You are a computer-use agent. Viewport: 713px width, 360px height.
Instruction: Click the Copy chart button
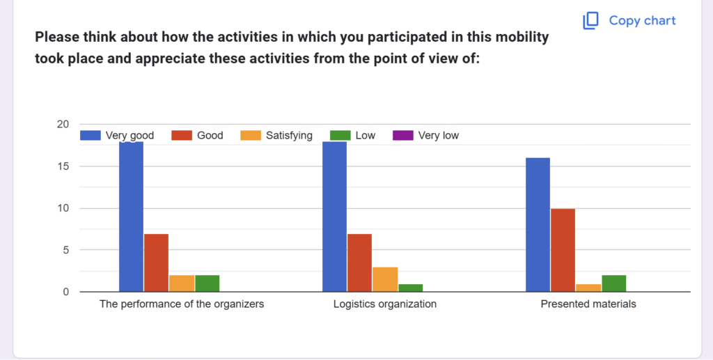tap(630, 21)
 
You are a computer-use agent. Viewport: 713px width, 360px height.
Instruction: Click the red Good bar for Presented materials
tap(563, 250)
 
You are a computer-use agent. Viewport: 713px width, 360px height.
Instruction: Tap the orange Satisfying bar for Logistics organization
tap(385, 279)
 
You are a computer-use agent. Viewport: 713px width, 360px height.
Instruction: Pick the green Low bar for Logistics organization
tap(411, 288)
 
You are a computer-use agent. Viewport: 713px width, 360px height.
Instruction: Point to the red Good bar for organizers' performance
tap(156, 263)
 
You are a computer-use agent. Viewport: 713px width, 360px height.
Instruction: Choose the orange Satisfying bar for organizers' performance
tap(182, 283)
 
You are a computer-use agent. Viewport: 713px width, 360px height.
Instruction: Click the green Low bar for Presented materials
tap(614, 283)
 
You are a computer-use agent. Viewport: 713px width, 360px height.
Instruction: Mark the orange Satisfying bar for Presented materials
tap(588, 288)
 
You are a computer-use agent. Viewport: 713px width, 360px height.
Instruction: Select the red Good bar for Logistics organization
tap(359, 263)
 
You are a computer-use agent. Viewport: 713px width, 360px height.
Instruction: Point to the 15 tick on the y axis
tap(63, 166)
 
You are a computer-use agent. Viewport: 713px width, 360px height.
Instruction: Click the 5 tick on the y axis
tap(65, 250)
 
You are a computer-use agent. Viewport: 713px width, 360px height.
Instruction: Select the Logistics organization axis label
tap(385, 304)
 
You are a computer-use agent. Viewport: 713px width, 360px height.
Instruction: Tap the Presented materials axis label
tap(588, 304)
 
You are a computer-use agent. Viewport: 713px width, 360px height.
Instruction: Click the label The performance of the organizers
tap(182, 304)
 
